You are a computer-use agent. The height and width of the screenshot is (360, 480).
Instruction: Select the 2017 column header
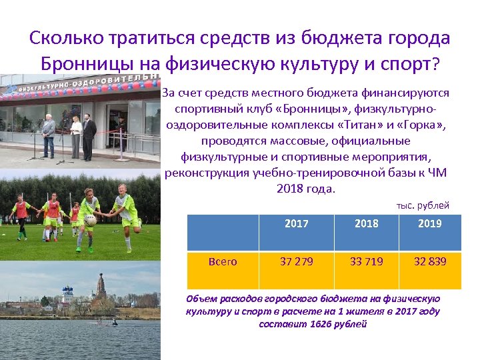tap(297, 223)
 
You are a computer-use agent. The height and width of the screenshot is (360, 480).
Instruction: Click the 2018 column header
tap(366, 223)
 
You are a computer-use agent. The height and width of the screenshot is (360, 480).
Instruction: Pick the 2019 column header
tap(430, 223)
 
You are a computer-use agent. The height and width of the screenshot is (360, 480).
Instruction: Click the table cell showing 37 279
tap(297, 261)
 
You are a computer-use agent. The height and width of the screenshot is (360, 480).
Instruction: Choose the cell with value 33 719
tap(366, 261)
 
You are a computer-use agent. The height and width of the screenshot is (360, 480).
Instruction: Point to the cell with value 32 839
tap(430, 261)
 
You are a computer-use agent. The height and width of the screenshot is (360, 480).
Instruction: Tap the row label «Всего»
tap(223, 261)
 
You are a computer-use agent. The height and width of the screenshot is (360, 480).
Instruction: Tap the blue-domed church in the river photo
tap(67, 294)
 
